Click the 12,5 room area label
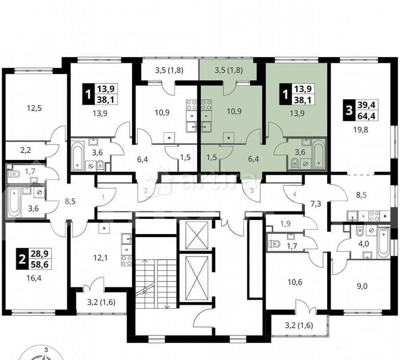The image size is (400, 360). pos(32,108)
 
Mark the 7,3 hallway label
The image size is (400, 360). pos(316,204)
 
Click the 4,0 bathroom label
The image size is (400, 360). pos(364,244)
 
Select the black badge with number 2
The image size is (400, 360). pos(21,259)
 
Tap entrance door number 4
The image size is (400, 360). pos(294,194)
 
